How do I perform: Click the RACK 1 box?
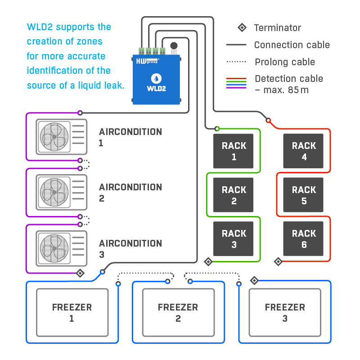coord(234,151)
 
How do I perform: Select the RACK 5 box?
coord(304,195)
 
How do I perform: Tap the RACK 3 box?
coord(234,239)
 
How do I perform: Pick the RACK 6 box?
coord(304,239)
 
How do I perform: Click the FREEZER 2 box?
coord(178,312)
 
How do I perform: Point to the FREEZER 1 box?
coord(72,312)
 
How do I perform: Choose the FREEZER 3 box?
coord(285,312)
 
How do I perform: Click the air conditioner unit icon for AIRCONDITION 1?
coord(62,137)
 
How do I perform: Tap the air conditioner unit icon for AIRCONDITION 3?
coord(62,248)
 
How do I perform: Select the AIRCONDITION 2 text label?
coord(130,192)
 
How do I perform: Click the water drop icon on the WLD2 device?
coord(156,78)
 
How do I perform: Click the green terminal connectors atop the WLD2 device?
coord(152,51)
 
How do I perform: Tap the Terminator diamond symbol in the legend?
coord(242,28)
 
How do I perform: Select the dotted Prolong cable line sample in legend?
coord(236,62)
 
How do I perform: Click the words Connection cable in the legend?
coord(292,45)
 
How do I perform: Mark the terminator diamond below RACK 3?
coord(208,261)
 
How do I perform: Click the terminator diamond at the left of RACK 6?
coord(278,261)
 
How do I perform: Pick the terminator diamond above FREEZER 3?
coord(254,281)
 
